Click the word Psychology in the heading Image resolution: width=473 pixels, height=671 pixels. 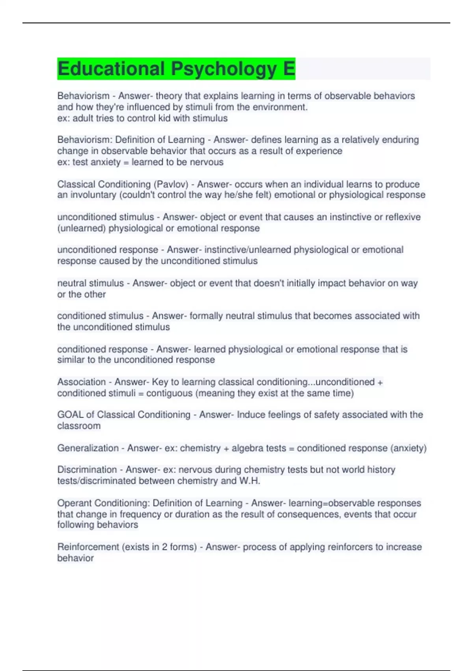point(224,69)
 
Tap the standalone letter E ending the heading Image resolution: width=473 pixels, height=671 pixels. point(289,69)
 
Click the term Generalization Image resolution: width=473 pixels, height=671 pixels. point(88,448)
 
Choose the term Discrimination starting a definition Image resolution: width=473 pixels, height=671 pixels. point(87,470)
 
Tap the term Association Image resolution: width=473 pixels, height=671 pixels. point(81,382)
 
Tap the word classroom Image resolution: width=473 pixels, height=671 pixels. point(79,426)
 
